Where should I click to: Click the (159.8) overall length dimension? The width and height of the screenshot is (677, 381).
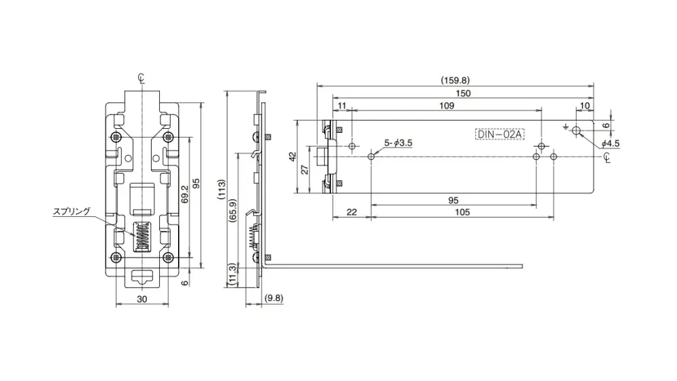click(455, 80)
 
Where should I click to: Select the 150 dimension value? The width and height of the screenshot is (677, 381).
click(462, 94)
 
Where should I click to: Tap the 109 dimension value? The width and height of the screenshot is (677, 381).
click(447, 106)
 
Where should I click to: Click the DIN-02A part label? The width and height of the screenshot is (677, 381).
click(500, 134)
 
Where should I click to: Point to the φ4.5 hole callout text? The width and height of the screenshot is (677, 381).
click(611, 144)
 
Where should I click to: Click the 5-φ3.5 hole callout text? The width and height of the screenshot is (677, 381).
click(398, 143)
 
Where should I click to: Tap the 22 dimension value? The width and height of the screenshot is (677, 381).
click(351, 212)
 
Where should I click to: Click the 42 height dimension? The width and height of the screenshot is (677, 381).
click(292, 157)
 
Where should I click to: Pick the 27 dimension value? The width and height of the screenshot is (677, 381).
click(305, 169)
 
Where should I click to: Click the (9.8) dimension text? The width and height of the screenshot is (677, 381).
click(274, 298)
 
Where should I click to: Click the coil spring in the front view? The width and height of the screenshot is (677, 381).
click(142, 235)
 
